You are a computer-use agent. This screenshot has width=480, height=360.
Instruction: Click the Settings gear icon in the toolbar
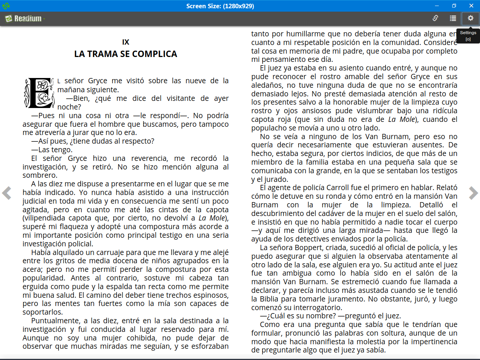470,18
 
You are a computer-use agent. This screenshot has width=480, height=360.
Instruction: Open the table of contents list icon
453,18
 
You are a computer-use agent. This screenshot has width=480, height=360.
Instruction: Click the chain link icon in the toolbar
435,18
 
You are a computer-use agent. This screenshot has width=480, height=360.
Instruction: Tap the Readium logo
24,18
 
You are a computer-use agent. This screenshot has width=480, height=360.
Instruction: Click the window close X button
471,6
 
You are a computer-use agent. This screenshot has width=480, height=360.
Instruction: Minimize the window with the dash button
437,6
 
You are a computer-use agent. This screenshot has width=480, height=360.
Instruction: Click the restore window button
454,6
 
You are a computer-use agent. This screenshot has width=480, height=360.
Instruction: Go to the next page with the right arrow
473,193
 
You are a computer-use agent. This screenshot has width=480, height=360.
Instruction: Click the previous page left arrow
7,193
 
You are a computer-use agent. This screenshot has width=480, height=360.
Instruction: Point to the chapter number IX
126,42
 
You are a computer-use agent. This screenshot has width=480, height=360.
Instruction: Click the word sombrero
39,175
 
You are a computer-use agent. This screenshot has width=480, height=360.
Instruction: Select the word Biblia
269,299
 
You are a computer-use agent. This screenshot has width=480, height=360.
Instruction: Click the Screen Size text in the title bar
220,6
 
